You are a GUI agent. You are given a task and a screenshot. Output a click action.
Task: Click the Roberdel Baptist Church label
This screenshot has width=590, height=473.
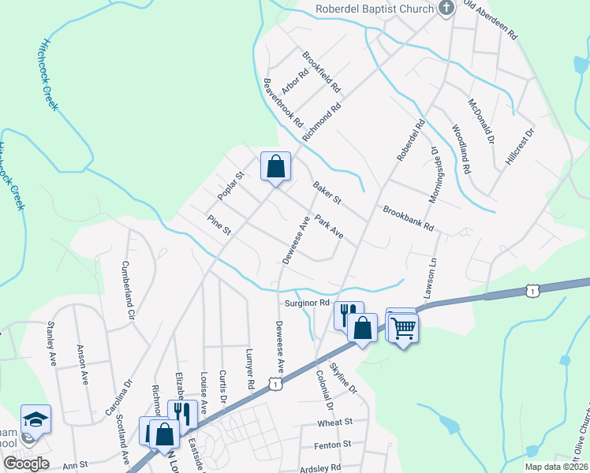pyautogui.click(x=374, y=9)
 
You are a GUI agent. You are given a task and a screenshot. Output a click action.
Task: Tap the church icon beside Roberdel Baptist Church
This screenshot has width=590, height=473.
pyautogui.click(x=446, y=9)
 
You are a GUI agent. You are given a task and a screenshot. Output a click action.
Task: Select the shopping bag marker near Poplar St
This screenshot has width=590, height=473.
pyautogui.click(x=275, y=167)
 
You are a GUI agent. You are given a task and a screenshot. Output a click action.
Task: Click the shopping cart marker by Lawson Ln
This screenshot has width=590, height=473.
pyautogui.click(x=403, y=327)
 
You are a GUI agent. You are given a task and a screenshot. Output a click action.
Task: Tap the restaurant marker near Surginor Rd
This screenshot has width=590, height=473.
pyautogui.click(x=348, y=315)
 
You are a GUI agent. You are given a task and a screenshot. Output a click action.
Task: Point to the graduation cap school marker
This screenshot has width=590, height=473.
pyautogui.click(x=35, y=419)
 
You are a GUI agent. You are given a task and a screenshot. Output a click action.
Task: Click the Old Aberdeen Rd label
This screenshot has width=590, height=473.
pyautogui.click(x=491, y=20)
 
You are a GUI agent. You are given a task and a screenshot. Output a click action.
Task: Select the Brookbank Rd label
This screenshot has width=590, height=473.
pyautogui.click(x=409, y=218)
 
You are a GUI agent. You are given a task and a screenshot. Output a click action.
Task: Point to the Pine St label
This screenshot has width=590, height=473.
pyautogui.click(x=218, y=225)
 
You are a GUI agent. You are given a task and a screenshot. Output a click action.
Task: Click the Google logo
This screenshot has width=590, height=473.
pyautogui.click(x=26, y=463)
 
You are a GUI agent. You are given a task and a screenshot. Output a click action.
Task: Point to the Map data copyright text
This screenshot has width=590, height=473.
pyautogui.click(x=556, y=467)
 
